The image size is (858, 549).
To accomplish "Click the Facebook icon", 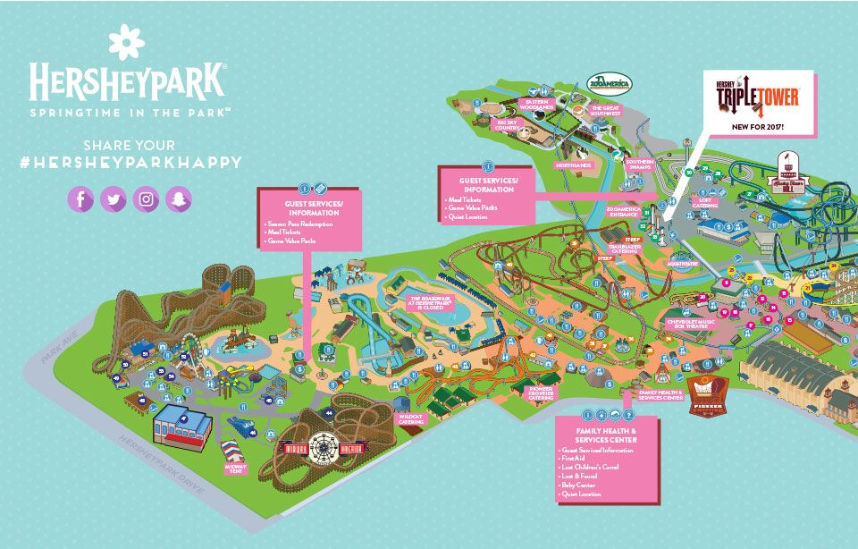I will (x=80, y=198).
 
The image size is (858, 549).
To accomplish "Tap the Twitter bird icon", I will (x=114, y=198).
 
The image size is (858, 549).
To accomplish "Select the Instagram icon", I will (x=147, y=198).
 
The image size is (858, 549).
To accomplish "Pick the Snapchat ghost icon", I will (x=179, y=198).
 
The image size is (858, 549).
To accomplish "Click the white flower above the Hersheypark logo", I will (x=125, y=42).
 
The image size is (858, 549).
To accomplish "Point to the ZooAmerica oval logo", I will (x=609, y=84).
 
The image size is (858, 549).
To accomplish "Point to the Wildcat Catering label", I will (x=411, y=418).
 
